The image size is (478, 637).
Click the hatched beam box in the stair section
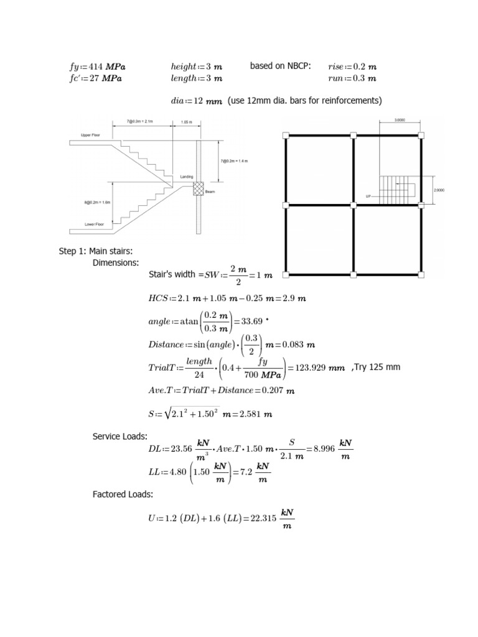199,188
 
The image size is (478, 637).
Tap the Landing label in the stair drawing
187,177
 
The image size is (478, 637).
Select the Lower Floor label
94,225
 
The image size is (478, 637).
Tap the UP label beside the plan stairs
368,196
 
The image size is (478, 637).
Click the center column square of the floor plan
353,204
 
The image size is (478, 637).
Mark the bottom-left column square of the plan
286,274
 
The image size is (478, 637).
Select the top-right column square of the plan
421,135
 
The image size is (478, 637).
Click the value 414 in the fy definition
95,67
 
